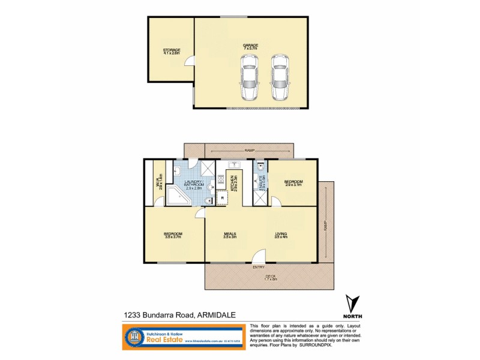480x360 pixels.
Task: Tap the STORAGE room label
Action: [172, 50]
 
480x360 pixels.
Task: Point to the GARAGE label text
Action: [250, 45]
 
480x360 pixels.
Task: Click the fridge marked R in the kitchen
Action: [223, 197]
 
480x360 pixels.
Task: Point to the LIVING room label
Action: [281, 234]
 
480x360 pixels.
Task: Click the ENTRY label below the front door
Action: [259, 267]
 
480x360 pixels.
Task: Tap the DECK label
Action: [271, 277]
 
